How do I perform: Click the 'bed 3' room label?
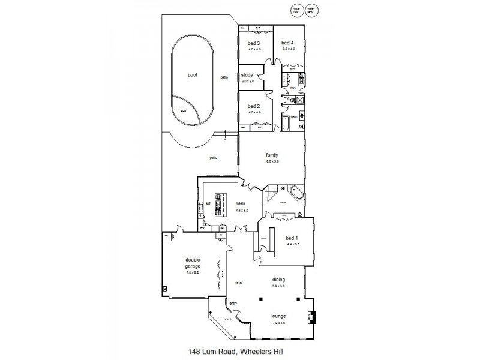coord(254,43)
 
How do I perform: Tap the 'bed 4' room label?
coord(288,43)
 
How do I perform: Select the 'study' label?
coord(247,76)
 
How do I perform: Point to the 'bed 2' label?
coord(254,106)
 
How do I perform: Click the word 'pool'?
coord(192,76)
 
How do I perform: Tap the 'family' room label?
coord(272,155)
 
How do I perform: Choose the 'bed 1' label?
coord(292,238)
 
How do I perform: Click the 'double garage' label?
coord(193,262)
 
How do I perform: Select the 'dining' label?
coord(278,280)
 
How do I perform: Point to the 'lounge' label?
coord(278,316)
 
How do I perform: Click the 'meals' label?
coord(241,203)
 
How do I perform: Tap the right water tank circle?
coord(311,10)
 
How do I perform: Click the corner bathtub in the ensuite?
coord(296,193)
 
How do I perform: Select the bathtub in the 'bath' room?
coord(286,124)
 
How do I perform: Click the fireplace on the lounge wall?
coord(311,317)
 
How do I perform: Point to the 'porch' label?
coord(227,320)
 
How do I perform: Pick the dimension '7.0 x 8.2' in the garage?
coord(193,272)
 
